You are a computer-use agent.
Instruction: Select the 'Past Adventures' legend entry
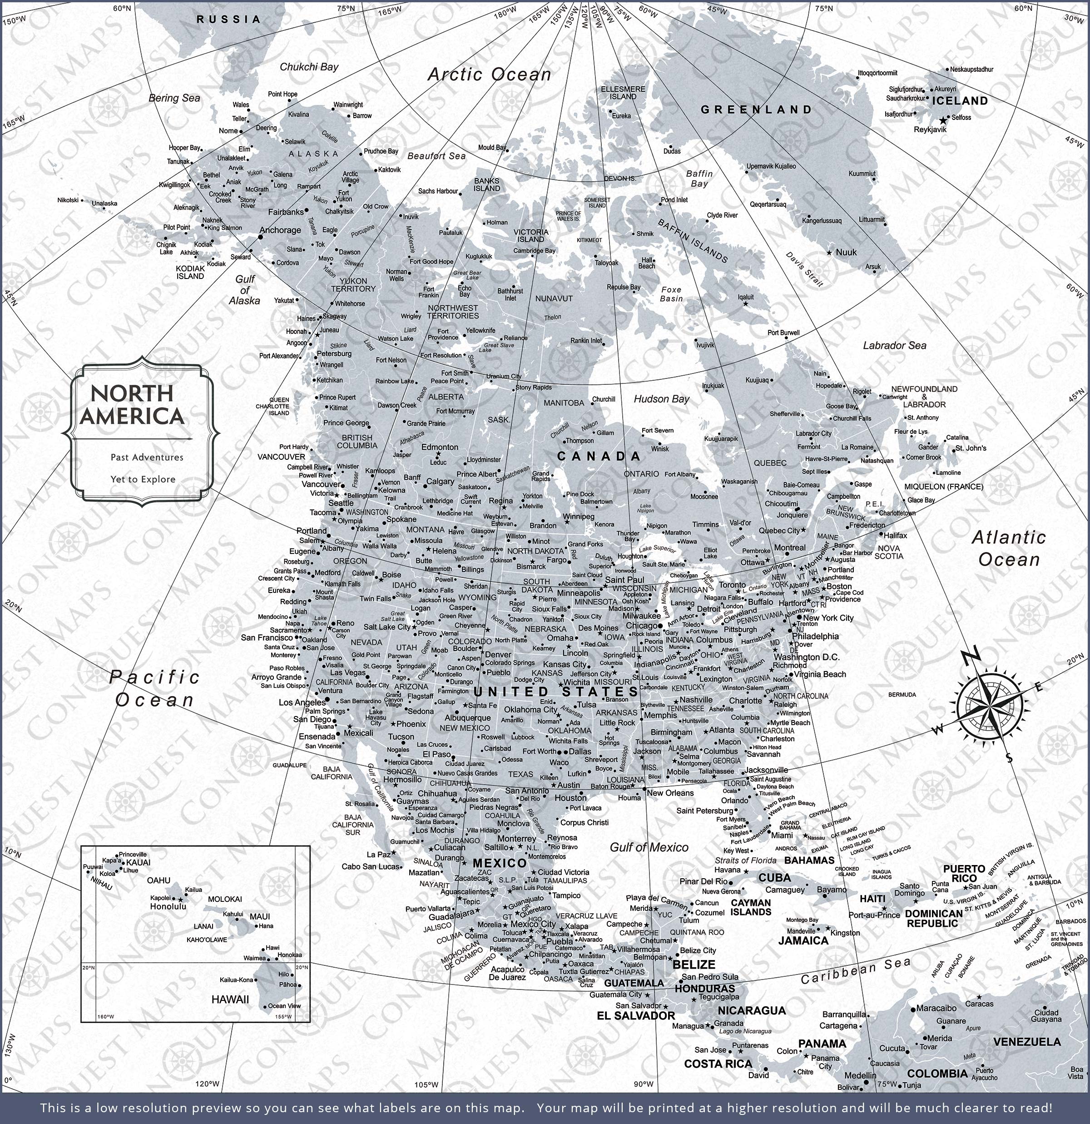[x=147, y=457]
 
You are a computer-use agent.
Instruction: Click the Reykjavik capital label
[x=930, y=129]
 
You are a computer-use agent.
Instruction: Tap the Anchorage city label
[x=280, y=230]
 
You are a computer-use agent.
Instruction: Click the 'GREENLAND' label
[x=756, y=109]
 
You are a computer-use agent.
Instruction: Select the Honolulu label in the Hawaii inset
[x=168, y=907]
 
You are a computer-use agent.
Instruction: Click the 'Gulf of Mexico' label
[x=649, y=847]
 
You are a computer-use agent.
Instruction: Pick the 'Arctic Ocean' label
[x=489, y=74]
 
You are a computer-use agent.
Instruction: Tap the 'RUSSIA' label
[x=229, y=19]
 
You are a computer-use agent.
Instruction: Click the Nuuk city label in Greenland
[x=846, y=252]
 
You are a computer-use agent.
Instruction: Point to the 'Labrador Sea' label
[x=894, y=345]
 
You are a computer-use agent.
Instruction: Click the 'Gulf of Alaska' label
[x=244, y=289]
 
